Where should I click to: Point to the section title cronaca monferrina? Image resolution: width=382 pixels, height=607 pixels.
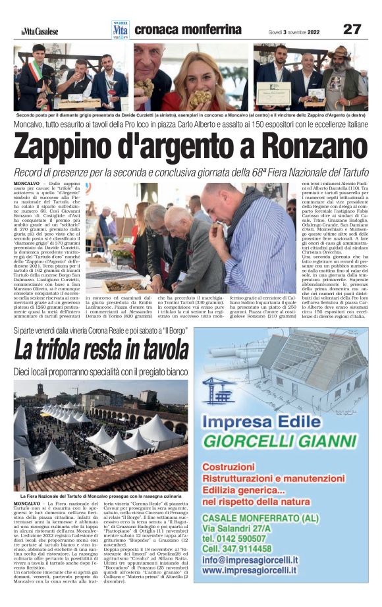(188, 30)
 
